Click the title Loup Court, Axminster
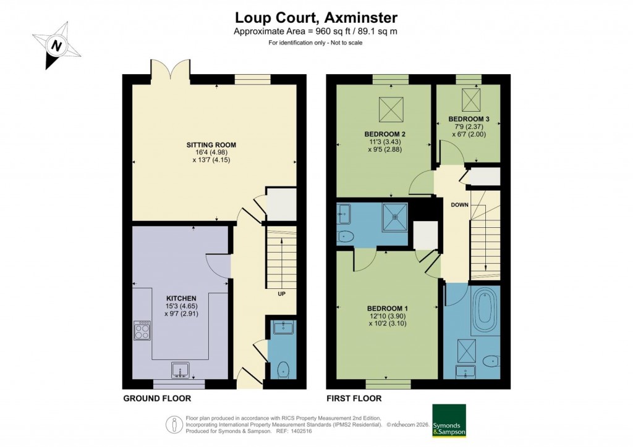coord(316,17)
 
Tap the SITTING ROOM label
coord(211,145)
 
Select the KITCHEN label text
coord(176,298)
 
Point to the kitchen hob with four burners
coord(142,331)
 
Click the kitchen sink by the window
coord(181,369)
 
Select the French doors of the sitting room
coord(171,70)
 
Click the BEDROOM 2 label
coord(384,134)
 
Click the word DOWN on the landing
coord(459,205)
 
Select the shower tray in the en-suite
coord(394,216)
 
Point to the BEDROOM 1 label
coord(387,308)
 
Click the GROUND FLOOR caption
coord(157,399)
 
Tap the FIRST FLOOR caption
coord(354,399)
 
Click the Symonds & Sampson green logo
coord(448,421)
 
